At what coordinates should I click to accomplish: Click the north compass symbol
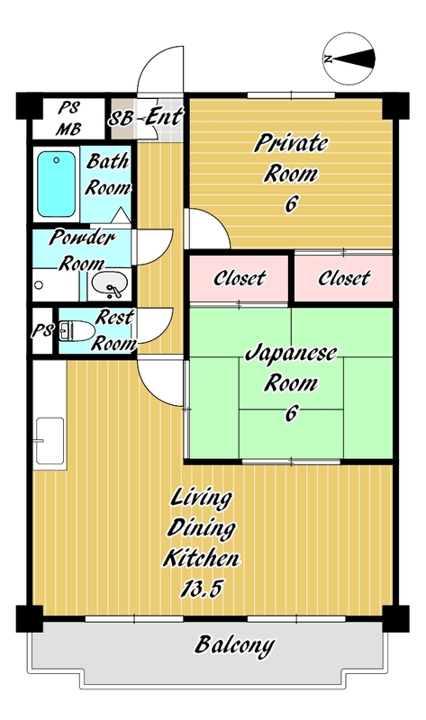(x=349, y=58)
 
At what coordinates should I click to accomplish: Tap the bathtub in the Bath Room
(x=56, y=184)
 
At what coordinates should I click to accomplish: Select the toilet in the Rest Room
(x=76, y=330)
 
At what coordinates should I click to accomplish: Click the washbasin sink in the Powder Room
(x=110, y=284)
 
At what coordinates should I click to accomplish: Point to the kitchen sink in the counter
(x=50, y=441)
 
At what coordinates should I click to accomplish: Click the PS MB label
(x=68, y=119)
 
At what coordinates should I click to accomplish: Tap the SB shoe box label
(x=121, y=119)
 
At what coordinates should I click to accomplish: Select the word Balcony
(x=235, y=645)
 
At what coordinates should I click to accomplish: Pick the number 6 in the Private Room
(x=291, y=204)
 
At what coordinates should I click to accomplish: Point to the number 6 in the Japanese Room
(x=291, y=413)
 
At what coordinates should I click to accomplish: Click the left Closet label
(x=240, y=278)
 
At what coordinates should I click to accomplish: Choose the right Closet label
(x=344, y=278)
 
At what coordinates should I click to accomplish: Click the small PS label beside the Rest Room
(x=42, y=330)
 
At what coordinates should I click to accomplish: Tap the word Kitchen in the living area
(x=201, y=558)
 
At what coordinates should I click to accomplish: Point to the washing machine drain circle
(x=39, y=285)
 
